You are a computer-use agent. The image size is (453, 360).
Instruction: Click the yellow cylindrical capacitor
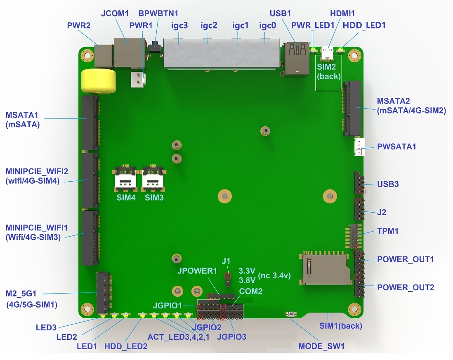click(99, 81)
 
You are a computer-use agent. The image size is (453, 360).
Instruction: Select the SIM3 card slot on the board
click(154, 177)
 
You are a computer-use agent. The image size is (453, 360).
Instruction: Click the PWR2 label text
click(80, 26)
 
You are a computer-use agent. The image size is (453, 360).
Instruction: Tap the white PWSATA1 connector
click(359, 147)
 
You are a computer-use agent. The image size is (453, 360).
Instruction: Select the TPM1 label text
click(388, 231)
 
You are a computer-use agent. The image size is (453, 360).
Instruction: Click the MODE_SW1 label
click(321, 346)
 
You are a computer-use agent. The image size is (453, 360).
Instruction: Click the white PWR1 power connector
click(137, 79)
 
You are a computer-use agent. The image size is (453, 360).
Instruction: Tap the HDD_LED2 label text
click(126, 346)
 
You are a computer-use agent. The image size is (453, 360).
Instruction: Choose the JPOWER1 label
click(197, 271)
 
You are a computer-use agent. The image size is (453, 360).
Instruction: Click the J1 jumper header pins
click(227, 279)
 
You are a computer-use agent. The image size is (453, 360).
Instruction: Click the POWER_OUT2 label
click(406, 287)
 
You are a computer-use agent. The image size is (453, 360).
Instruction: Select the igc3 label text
click(179, 26)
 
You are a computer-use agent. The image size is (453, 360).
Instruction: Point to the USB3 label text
click(388, 184)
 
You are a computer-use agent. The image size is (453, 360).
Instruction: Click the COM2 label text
click(251, 291)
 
